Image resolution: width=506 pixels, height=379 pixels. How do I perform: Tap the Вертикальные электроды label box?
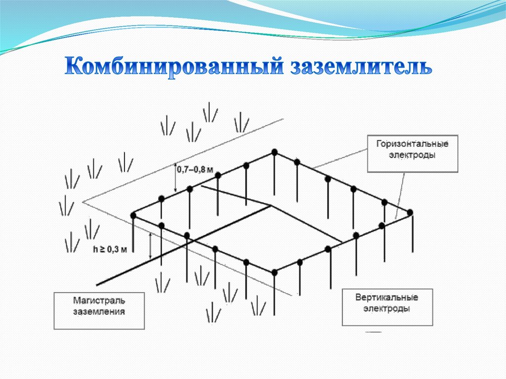[387, 307]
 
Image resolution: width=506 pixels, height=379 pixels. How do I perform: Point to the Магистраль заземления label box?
[99, 310]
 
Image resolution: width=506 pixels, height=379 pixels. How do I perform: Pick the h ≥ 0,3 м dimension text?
[110, 250]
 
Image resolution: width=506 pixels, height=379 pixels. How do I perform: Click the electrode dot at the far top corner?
[274, 152]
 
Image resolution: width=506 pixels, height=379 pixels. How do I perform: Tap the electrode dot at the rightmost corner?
[410, 212]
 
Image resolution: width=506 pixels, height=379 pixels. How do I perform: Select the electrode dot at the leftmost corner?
[133, 215]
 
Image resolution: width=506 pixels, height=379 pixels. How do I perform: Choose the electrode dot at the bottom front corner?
[274, 271]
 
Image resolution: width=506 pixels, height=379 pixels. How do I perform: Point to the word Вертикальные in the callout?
[387, 298]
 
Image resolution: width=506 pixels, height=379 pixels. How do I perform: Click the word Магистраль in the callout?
[99, 300]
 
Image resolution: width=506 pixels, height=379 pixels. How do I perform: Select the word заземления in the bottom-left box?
[99, 312]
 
